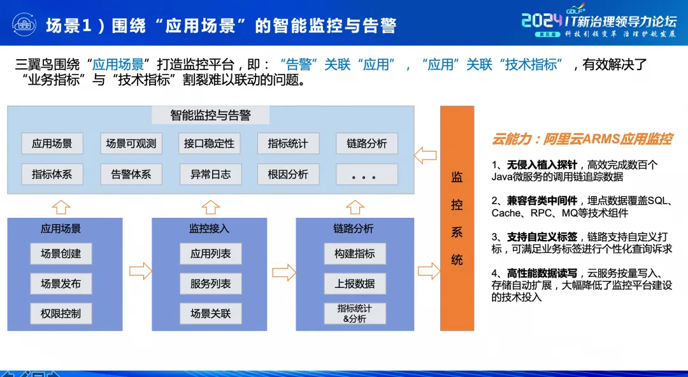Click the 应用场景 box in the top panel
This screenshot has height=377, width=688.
pos(52,143)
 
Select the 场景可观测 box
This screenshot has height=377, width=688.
pos(131,143)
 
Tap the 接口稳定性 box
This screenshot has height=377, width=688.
pos(210,143)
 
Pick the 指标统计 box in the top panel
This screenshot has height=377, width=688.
pos(288,143)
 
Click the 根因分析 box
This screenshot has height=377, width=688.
pos(288,174)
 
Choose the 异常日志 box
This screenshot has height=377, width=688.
pos(210,174)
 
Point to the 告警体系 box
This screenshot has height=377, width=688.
pos(131,174)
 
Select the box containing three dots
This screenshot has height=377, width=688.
pos(367,174)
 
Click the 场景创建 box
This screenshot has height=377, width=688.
pos(61,253)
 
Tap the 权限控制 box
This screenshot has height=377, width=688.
pos(61,313)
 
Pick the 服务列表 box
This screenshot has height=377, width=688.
pos(210,283)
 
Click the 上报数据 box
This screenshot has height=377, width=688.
pos(355,283)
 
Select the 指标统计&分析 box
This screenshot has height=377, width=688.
pos(355,313)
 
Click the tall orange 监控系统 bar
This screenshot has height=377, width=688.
pos(457,218)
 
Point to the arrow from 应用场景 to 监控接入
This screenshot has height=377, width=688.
pos(140,272)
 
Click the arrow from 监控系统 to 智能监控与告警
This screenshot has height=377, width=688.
pos(425,155)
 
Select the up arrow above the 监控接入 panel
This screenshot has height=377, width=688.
pos(210,207)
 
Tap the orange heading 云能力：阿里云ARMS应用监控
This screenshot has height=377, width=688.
pos(582,139)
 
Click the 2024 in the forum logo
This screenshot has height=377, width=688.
pos(542,20)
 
